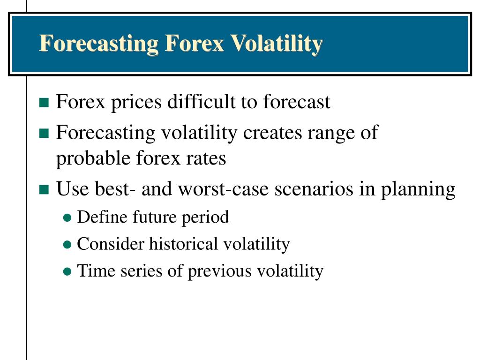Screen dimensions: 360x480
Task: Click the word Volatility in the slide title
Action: pyautogui.click(x=277, y=43)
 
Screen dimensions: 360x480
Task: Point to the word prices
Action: pyautogui.click(x=136, y=102)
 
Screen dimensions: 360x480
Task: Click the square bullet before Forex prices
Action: pyautogui.click(x=44, y=103)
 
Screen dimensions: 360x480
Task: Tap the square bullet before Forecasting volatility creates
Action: pyautogui.click(x=44, y=134)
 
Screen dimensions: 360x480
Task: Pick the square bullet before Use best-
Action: pyautogui.click(x=44, y=190)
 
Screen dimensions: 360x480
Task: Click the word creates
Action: pyautogui.click(x=272, y=133)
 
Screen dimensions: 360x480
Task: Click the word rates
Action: pyautogui.click(x=208, y=159)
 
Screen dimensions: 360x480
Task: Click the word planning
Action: pyautogui.click(x=418, y=190)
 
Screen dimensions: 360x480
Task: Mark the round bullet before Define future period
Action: pyautogui.click(x=67, y=218)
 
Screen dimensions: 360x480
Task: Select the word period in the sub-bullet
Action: pyautogui.click(x=209, y=217)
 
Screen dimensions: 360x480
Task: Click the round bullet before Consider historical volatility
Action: pyautogui.click(x=67, y=245)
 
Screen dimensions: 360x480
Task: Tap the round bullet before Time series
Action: pyautogui.click(x=67, y=271)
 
